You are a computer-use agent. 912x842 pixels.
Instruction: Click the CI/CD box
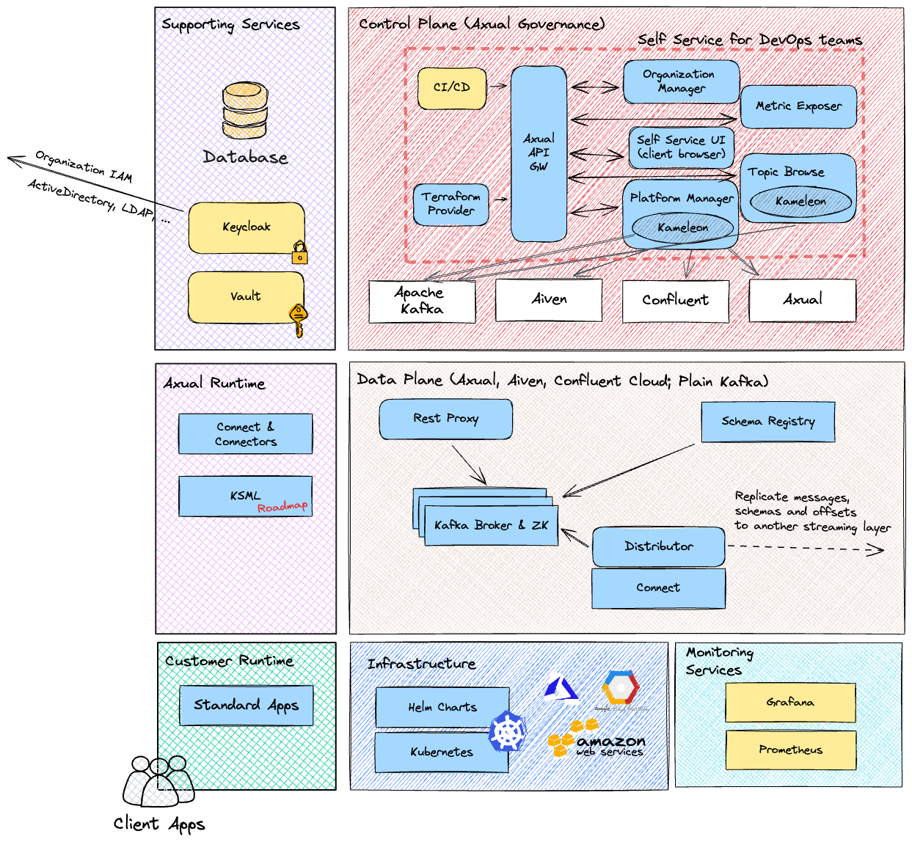[452, 88]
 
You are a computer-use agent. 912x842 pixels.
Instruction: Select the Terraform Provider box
[451, 204]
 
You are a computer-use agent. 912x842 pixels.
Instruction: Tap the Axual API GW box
[539, 153]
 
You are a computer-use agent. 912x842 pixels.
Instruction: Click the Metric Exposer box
[798, 106]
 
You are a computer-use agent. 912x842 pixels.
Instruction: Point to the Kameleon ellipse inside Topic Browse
[800, 202]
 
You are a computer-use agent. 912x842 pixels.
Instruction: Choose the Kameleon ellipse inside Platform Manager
[682, 228]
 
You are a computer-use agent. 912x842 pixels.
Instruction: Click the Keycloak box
[247, 227]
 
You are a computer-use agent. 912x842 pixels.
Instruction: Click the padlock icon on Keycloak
[300, 253]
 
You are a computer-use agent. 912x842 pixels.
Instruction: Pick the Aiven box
[549, 299]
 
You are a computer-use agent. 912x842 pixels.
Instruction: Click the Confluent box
[675, 301]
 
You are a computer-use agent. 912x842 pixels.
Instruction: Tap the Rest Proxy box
[445, 419]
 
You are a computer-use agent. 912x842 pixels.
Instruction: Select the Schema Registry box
[767, 422]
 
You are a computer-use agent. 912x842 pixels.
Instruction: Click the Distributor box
[658, 546]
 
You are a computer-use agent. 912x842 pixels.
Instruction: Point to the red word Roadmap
[282, 507]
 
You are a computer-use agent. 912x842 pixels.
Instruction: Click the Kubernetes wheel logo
[508, 731]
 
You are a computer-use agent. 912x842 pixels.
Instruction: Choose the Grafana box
[790, 703]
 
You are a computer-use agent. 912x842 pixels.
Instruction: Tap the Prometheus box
[790, 750]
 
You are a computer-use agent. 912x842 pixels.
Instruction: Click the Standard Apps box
[247, 706]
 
